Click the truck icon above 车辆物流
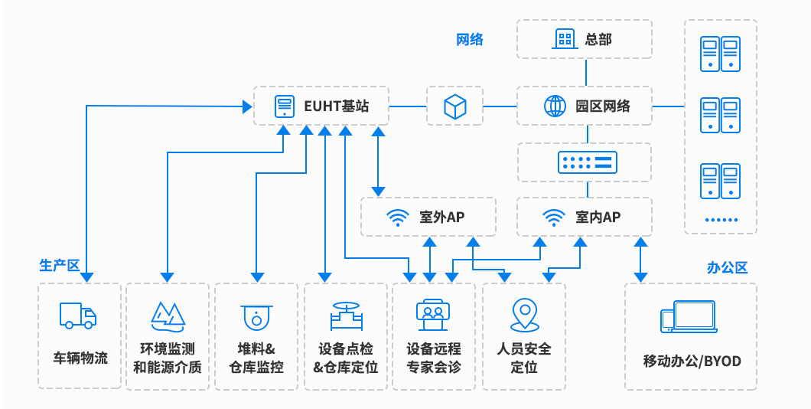(x=78, y=315)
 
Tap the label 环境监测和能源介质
(x=168, y=358)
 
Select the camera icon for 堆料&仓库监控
(x=256, y=316)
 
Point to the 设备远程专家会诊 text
(x=434, y=358)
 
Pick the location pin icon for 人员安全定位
(x=524, y=314)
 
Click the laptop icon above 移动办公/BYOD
(x=689, y=316)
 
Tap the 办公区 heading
(x=727, y=267)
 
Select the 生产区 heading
(x=60, y=265)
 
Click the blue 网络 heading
(x=470, y=40)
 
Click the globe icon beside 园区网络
(x=555, y=106)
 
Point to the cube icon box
(x=455, y=106)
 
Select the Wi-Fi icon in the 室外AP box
(x=396, y=218)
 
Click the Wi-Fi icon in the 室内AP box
(x=553, y=218)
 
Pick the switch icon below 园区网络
(x=586, y=162)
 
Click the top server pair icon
(x=720, y=54)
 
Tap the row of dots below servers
(x=720, y=220)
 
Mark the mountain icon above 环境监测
(x=168, y=314)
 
